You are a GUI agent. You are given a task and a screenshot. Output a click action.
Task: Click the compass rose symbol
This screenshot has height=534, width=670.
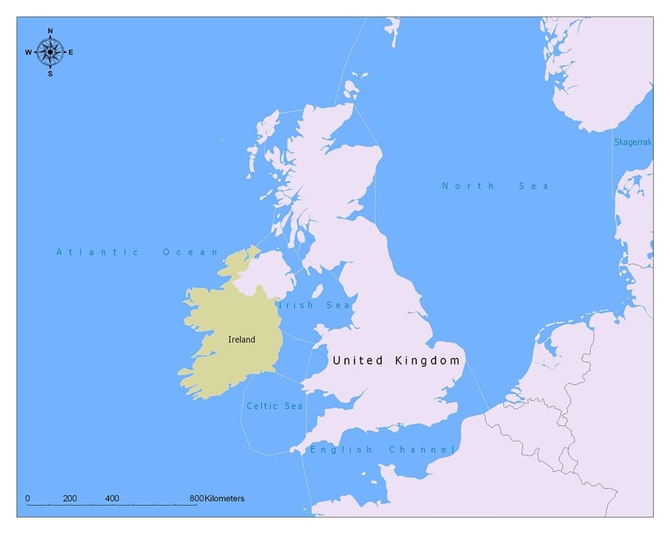(x=50, y=52)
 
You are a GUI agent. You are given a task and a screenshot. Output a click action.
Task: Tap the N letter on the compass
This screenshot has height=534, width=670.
(x=50, y=31)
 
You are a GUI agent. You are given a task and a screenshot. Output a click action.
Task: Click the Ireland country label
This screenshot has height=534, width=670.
(x=242, y=340)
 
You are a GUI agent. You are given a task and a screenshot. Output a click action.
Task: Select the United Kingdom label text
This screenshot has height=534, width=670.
(x=397, y=360)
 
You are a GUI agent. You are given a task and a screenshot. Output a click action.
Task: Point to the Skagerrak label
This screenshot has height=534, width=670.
(x=633, y=142)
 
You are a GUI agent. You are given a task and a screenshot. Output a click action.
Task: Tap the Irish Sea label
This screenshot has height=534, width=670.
(x=315, y=306)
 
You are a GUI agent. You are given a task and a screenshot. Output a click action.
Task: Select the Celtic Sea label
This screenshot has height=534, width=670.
(x=275, y=406)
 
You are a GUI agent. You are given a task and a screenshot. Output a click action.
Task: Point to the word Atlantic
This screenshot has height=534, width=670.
(x=98, y=252)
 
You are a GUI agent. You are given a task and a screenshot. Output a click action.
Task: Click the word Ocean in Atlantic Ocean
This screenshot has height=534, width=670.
(x=191, y=252)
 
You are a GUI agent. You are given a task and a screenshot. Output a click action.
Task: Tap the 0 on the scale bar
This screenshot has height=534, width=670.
(x=27, y=498)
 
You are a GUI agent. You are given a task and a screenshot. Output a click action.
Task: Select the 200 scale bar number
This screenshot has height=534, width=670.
(x=70, y=498)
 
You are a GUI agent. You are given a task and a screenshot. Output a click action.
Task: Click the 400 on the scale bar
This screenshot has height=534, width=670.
(x=113, y=498)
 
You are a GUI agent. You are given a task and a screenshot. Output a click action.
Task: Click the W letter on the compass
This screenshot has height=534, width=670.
(x=29, y=52)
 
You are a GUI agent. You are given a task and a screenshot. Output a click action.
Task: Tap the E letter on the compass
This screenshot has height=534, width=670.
(x=71, y=52)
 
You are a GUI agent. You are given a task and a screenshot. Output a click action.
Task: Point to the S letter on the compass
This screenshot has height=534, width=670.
(x=50, y=73)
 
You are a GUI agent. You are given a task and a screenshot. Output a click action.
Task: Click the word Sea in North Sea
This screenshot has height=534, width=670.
(x=534, y=186)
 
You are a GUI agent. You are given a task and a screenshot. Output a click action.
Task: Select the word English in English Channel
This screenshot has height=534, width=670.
(x=341, y=450)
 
